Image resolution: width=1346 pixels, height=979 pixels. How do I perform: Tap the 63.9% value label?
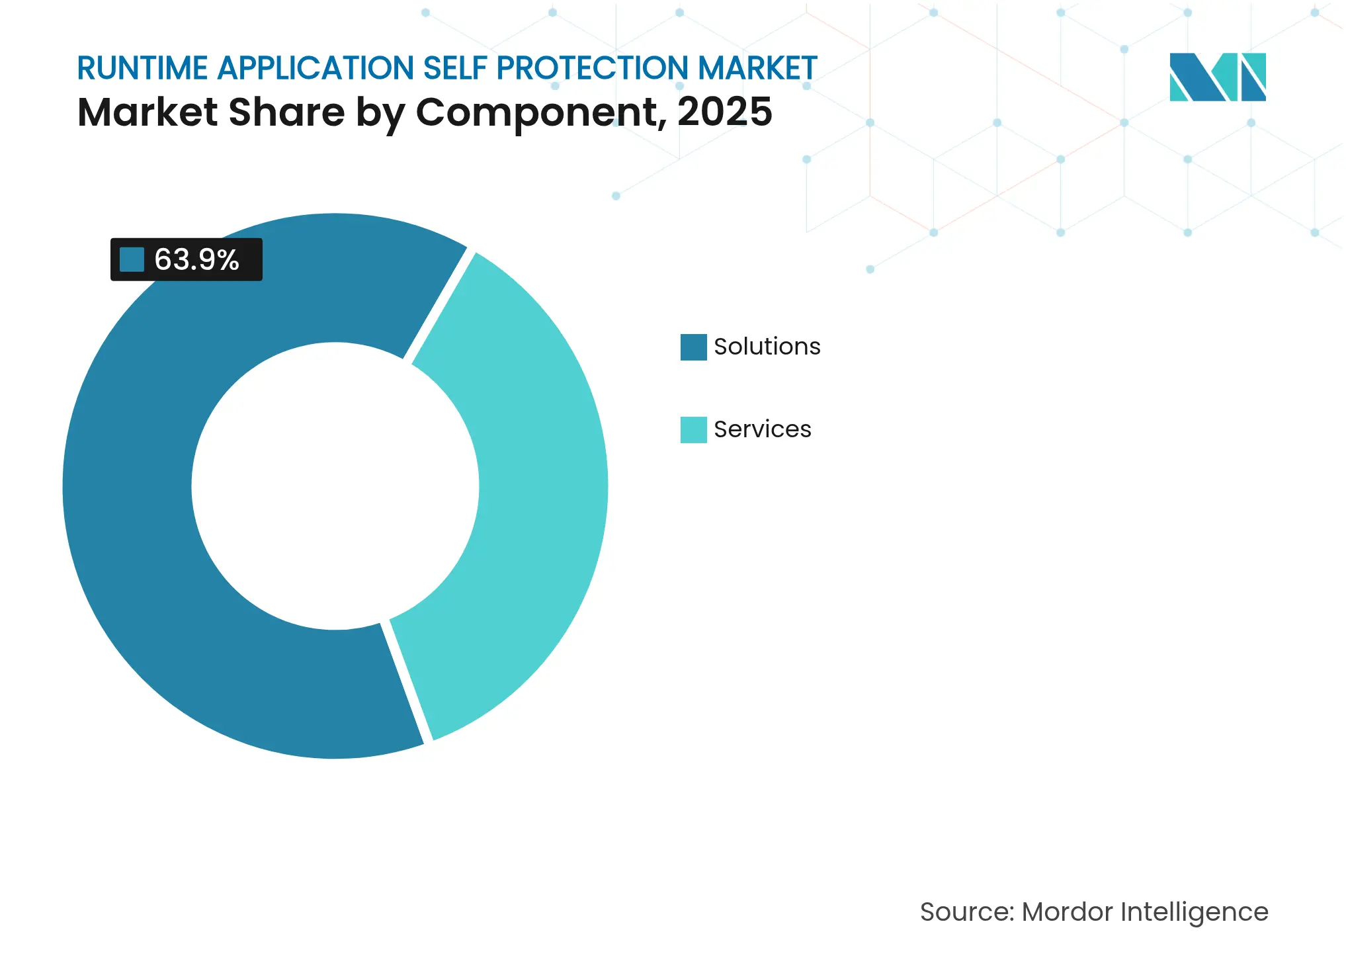click(x=196, y=259)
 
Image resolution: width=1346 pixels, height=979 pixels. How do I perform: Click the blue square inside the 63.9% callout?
click(x=132, y=259)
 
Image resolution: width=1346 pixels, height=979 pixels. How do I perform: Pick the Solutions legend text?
click(x=767, y=347)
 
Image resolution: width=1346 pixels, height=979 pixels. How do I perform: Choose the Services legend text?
click(x=762, y=429)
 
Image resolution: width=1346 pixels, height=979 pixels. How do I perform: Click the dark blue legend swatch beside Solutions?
click(x=693, y=347)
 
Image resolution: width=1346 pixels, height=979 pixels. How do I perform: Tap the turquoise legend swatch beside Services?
click(x=693, y=429)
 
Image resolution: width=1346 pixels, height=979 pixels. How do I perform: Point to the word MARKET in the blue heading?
click(x=757, y=68)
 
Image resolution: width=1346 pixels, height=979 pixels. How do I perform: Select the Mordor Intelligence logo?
click(x=1217, y=77)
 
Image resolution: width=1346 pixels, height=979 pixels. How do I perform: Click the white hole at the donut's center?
click(x=335, y=486)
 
